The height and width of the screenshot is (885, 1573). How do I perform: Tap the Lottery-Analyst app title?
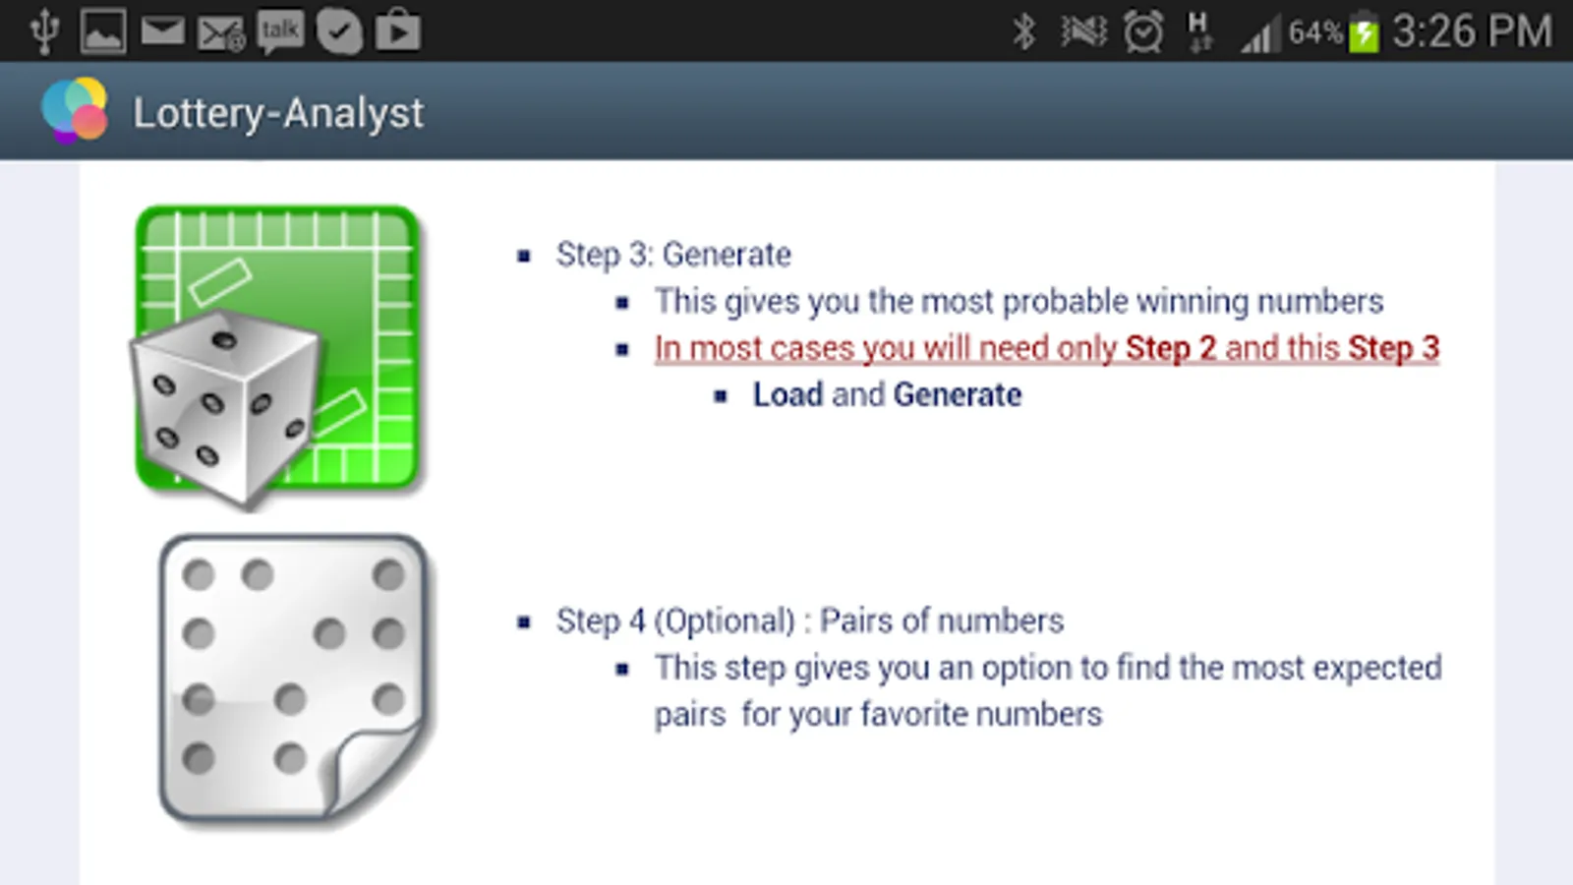point(278,113)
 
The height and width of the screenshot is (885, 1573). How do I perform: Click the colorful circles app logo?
point(74,110)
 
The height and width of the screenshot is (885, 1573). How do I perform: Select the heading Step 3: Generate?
point(673,255)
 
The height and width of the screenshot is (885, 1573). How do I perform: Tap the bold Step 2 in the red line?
point(1170,348)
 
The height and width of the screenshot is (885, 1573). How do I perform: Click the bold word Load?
point(787,395)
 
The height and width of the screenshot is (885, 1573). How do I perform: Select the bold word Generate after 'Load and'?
point(958,395)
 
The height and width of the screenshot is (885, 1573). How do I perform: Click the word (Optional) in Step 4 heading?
point(725,621)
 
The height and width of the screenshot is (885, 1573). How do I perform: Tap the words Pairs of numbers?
point(942,621)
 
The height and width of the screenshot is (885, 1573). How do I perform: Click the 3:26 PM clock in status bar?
point(1472,31)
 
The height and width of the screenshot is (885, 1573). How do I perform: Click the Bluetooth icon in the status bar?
point(1024,32)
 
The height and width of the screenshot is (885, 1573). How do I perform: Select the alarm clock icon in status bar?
point(1143,32)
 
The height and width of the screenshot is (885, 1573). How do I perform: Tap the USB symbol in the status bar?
point(44,31)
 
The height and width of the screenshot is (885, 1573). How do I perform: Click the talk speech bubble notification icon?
point(280,31)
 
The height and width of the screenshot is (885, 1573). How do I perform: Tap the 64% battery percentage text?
point(1314,33)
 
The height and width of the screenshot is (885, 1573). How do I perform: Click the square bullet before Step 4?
point(524,622)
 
